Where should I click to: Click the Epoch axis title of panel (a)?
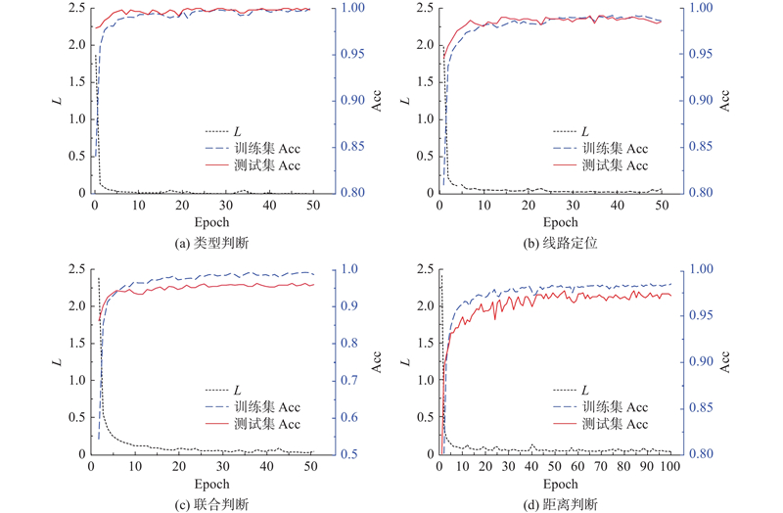pyautogui.click(x=202, y=222)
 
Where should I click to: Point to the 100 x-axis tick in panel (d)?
pyautogui.click(x=669, y=466)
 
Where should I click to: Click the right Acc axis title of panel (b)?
pyautogui.click(x=724, y=101)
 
